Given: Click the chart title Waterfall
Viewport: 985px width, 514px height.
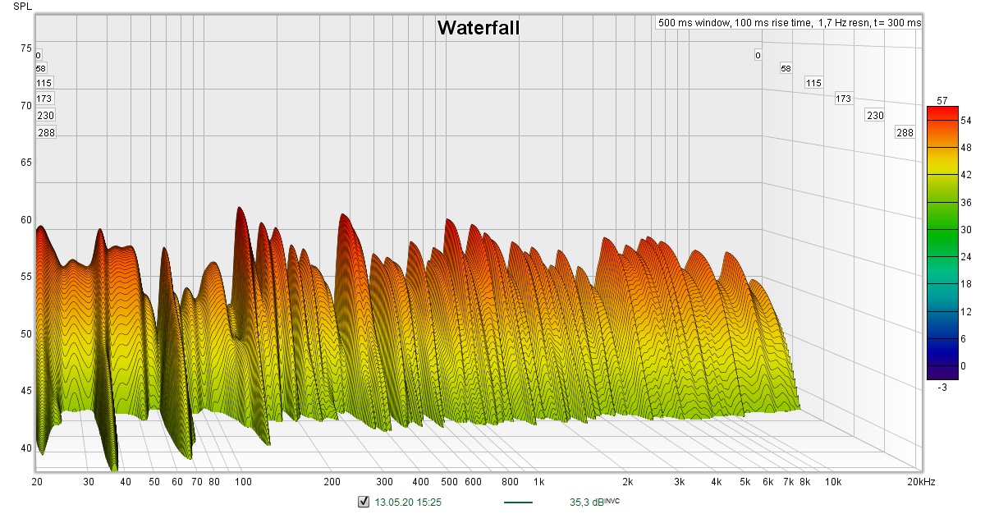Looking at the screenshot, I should click(478, 28).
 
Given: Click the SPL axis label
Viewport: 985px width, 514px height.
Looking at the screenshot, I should click(23, 7).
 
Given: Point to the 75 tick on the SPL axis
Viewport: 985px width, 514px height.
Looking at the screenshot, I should click(25, 48).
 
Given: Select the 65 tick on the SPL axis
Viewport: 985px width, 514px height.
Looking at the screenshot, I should click(25, 163).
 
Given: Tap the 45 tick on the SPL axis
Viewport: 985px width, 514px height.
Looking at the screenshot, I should click(25, 391).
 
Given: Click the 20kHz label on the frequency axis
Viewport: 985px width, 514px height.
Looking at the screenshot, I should click(920, 481).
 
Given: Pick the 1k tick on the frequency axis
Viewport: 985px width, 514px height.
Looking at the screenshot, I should click(538, 481).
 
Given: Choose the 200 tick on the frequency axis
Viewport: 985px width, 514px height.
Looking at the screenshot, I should click(332, 481).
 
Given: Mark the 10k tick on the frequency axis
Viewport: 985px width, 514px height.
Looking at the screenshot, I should click(833, 481).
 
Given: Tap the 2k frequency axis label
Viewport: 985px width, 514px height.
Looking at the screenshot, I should click(628, 481).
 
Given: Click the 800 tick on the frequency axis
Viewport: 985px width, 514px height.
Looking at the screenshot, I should click(510, 481).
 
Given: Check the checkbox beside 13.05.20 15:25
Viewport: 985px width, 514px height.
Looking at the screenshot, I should click(364, 502).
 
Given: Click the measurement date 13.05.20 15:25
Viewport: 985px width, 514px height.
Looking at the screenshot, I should click(408, 502).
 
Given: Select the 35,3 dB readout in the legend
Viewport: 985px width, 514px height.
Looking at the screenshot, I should click(589, 502).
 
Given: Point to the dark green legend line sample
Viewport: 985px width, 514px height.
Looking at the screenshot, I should click(517, 502).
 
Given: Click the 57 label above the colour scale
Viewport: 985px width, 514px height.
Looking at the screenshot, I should click(942, 100).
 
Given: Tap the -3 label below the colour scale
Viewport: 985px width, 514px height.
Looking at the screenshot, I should click(941, 387).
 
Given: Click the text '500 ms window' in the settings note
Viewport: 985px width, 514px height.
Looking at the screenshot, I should click(694, 23).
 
